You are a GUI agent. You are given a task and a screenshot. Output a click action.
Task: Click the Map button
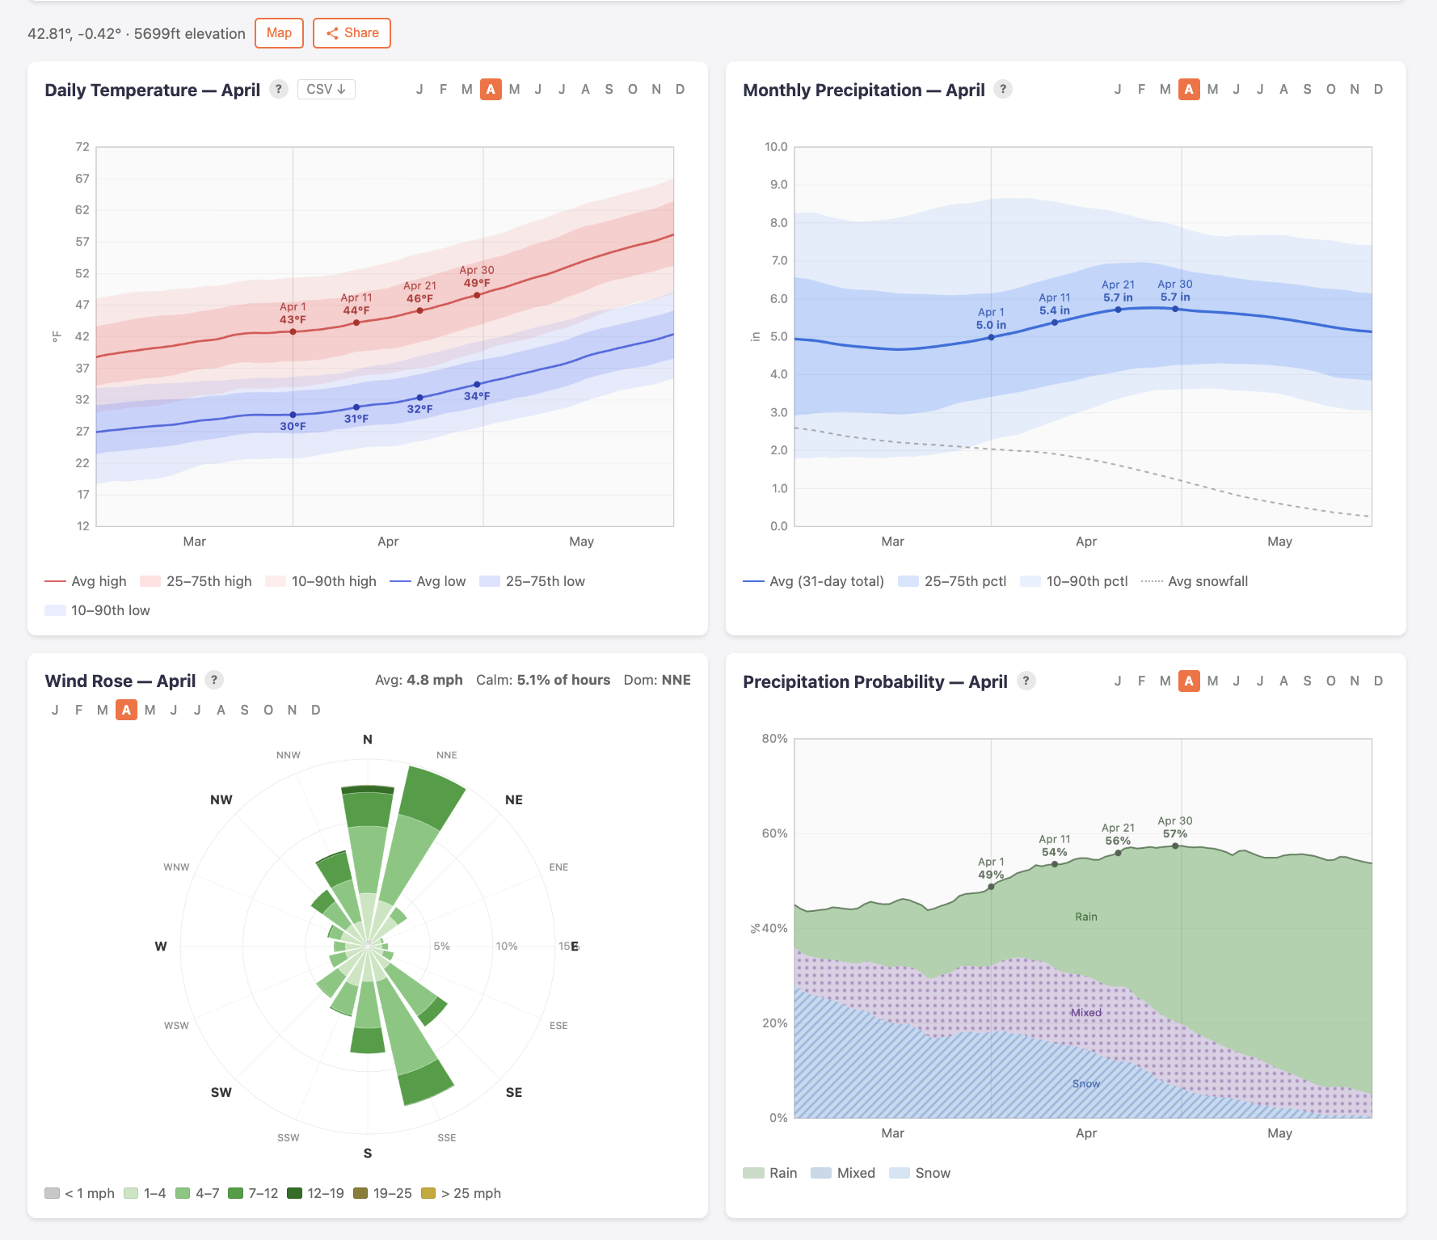(x=279, y=33)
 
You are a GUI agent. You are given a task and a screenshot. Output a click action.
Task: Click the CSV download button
(x=326, y=89)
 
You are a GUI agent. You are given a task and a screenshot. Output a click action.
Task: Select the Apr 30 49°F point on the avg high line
(x=477, y=295)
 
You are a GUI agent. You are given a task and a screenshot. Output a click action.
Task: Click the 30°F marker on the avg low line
(x=293, y=415)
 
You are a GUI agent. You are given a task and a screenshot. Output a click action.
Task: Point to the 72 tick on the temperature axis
(x=82, y=147)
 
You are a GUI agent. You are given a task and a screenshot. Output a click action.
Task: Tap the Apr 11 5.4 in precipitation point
(x=1055, y=323)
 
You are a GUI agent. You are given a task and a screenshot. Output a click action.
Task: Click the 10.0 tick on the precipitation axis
(x=776, y=147)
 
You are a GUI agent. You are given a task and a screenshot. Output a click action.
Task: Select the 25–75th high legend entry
(x=196, y=581)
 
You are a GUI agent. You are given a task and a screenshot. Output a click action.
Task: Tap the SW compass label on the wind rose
(x=221, y=1092)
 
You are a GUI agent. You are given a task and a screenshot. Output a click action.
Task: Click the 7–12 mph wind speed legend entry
(x=253, y=1193)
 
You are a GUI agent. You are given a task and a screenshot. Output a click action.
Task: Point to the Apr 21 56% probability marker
(x=1118, y=853)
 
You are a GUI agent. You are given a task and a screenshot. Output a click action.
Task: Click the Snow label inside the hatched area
(x=1086, y=1084)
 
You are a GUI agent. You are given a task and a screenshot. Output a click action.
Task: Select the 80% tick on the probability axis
(x=774, y=739)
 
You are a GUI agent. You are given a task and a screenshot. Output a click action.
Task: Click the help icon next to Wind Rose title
(x=214, y=680)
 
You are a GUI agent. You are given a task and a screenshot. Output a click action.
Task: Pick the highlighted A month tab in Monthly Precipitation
(x=1188, y=89)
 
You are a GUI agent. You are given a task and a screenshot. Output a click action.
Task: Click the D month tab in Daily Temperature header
(x=680, y=89)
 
